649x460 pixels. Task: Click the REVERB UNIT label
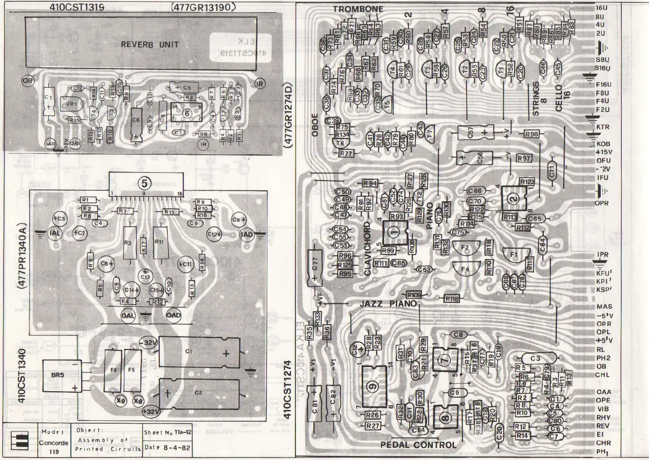point(149,44)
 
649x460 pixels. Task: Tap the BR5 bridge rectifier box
point(58,375)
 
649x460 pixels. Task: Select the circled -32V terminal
point(149,343)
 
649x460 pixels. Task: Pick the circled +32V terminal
point(150,411)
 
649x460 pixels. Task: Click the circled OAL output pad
point(128,316)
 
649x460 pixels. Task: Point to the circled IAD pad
point(247,234)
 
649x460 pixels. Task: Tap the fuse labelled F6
point(113,370)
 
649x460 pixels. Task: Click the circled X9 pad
point(121,401)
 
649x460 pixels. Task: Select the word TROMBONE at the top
point(358,9)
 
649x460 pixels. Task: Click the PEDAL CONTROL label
point(418,445)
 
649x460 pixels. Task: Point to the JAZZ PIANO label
point(388,303)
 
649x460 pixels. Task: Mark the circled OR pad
point(28,81)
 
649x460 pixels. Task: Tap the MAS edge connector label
point(604,307)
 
